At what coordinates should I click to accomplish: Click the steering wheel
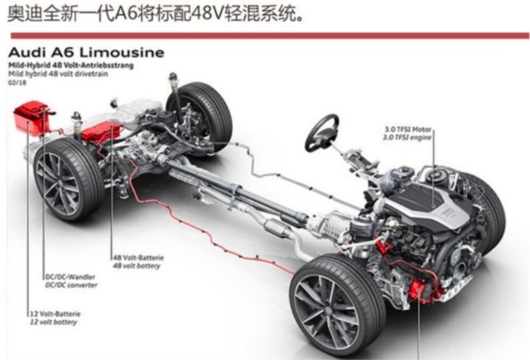(322, 132)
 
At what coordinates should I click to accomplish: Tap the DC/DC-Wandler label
(70, 279)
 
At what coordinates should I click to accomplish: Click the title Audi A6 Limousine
(86, 52)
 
